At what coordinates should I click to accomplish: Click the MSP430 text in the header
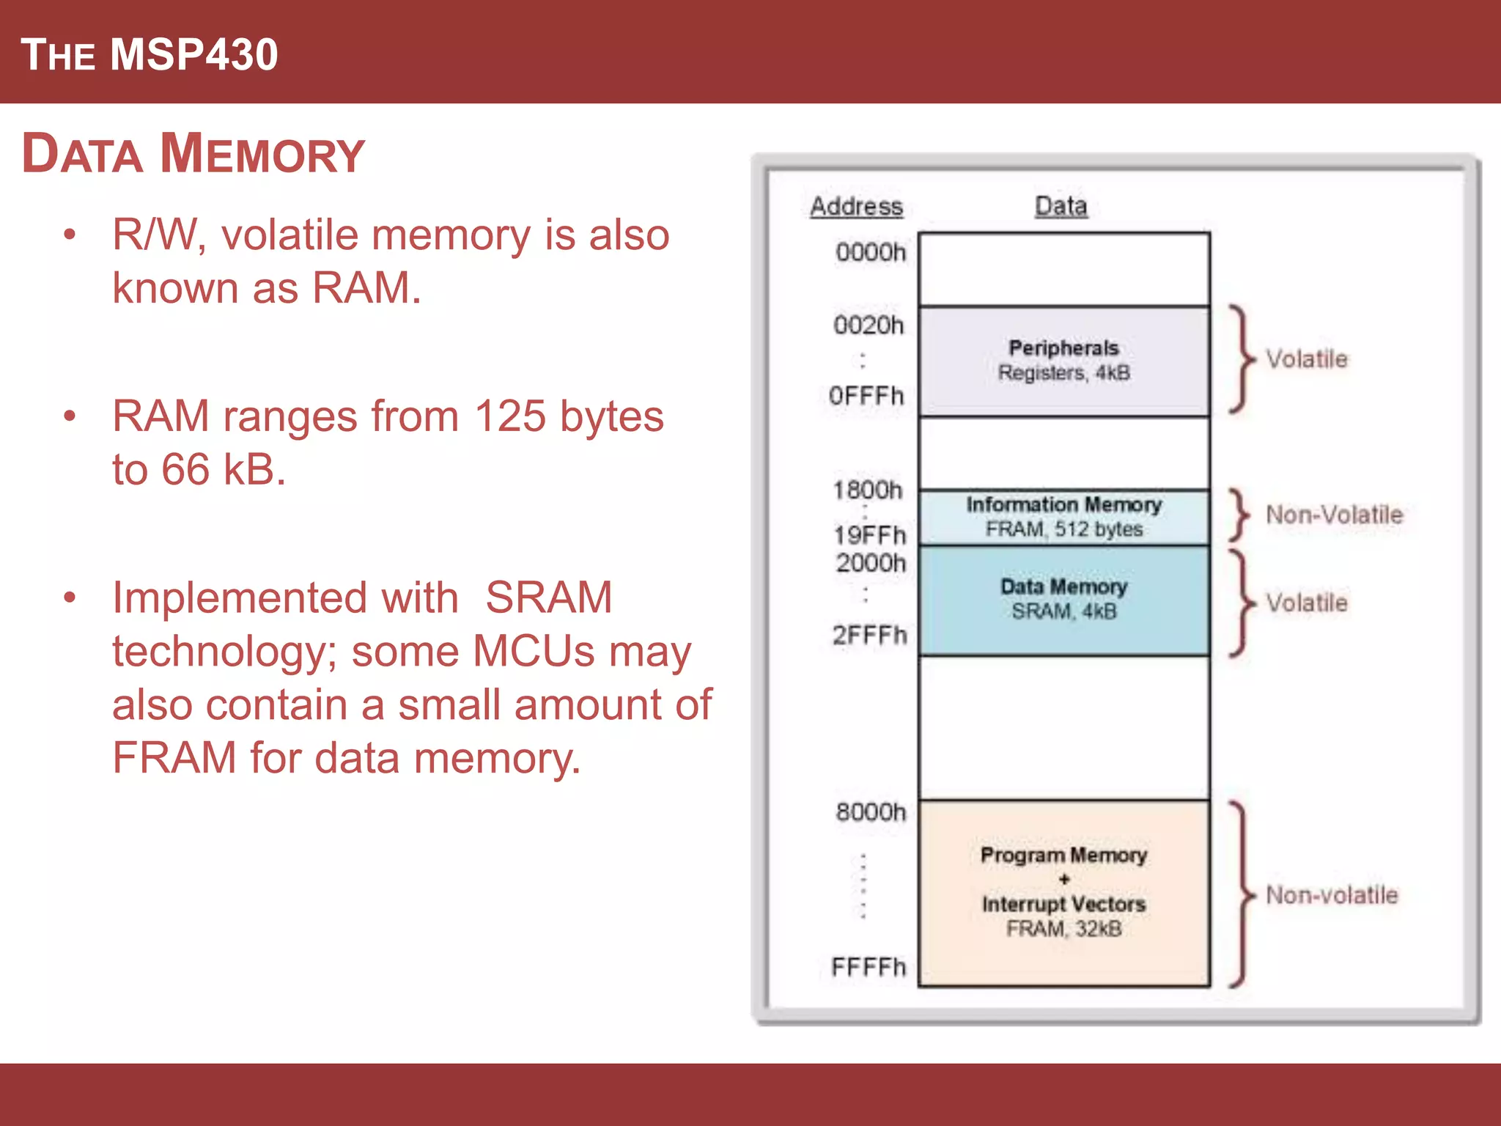194,55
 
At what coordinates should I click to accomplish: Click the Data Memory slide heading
193,154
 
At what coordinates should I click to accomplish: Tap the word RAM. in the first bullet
366,287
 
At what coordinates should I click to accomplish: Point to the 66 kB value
223,469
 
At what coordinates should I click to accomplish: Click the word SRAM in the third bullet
548,597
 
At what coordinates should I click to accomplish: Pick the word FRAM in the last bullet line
174,757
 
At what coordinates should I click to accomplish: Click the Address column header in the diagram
856,206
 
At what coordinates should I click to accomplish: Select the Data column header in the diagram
1061,206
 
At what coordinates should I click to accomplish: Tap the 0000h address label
871,252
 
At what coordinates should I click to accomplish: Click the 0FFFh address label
866,396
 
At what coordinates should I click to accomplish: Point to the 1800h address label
868,490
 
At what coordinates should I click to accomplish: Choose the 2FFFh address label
869,635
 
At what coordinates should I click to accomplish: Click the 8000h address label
871,812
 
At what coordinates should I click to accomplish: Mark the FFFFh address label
868,967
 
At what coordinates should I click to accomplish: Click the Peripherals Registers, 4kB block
1063,361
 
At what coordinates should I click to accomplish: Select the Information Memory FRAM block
1063,517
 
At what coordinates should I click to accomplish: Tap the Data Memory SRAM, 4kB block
1063,600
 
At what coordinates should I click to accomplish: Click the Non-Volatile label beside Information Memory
1334,515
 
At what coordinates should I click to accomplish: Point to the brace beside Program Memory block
1241,895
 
